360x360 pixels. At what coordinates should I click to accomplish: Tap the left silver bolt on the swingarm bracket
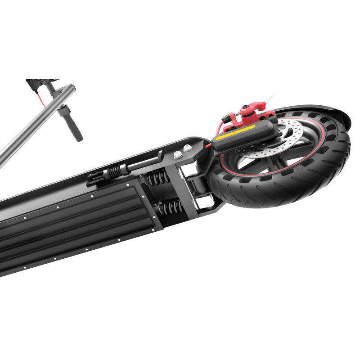pyautogui.click(x=178, y=154)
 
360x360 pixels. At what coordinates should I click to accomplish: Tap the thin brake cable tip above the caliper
pyautogui.click(x=271, y=98)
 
